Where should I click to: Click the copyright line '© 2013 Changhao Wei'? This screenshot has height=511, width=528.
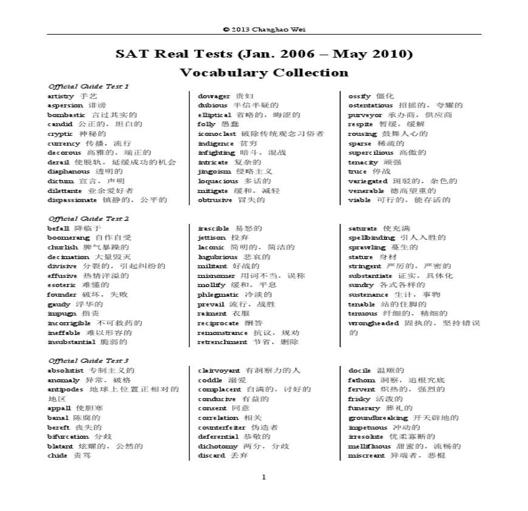point(263,29)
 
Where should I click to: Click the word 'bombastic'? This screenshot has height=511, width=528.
point(66,115)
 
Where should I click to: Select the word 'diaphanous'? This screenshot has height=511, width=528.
point(69,171)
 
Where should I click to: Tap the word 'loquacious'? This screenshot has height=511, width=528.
point(218,181)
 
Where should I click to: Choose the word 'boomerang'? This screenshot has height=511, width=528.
point(68,237)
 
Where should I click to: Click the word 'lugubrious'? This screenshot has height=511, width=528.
point(217,257)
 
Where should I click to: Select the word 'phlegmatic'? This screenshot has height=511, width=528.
point(218,294)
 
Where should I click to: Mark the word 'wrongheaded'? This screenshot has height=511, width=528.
point(373,323)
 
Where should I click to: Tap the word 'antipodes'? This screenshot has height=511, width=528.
point(66,389)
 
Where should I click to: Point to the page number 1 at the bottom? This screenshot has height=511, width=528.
point(263,476)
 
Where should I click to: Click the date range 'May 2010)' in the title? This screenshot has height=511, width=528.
point(376,54)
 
